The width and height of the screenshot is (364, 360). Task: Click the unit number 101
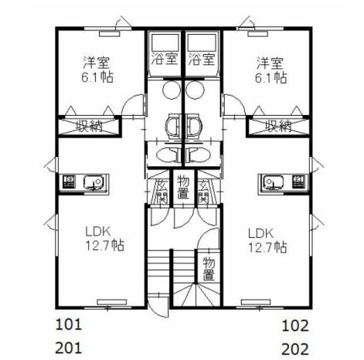pos(69,324)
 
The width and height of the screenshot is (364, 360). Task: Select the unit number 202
pos(295,349)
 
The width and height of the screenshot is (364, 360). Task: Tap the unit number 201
pos(69,348)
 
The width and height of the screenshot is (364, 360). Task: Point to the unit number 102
pos(295,325)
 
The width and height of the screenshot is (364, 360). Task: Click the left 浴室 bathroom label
pos(164,59)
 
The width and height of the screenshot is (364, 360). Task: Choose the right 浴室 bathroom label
pos(202,59)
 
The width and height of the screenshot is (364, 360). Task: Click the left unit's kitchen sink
pos(94,182)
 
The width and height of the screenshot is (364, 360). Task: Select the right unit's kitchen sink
pos(275,182)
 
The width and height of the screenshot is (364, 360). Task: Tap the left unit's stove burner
pos(69,182)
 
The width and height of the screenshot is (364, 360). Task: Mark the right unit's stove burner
pos(299,182)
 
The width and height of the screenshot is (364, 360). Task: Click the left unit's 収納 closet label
pos(90,126)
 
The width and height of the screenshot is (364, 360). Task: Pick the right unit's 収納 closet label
pos(278,126)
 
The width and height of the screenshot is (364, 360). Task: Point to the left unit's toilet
pos(168,155)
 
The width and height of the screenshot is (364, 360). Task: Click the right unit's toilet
pos(199,155)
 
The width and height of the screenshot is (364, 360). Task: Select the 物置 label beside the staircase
pos(209,269)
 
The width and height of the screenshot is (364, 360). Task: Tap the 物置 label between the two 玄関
pos(183,188)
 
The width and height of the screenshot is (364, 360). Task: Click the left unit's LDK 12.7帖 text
pos(104,239)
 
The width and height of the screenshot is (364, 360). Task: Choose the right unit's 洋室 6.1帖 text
pos(270,70)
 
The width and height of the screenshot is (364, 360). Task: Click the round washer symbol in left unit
pos(172,90)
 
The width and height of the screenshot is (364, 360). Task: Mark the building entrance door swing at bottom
pos(158,307)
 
